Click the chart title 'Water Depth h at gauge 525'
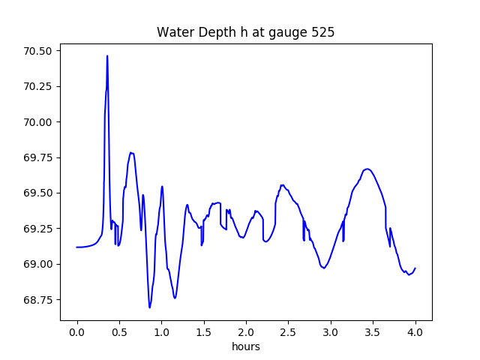(x=245, y=33)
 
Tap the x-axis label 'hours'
(x=245, y=347)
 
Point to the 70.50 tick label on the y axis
(x=37, y=51)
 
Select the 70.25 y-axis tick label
(x=37, y=86)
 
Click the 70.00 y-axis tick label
(x=37, y=122)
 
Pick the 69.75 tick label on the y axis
(x=37, y=157)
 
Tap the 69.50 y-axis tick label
(x=37, y=193)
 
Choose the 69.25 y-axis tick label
(x=37, y=229)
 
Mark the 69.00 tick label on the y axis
(x=37, y=264)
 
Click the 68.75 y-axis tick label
(x=37, y=299)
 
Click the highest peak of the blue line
(x=107, y=55)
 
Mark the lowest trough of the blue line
(x=149, y=307)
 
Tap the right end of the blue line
(x=415, y=268)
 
